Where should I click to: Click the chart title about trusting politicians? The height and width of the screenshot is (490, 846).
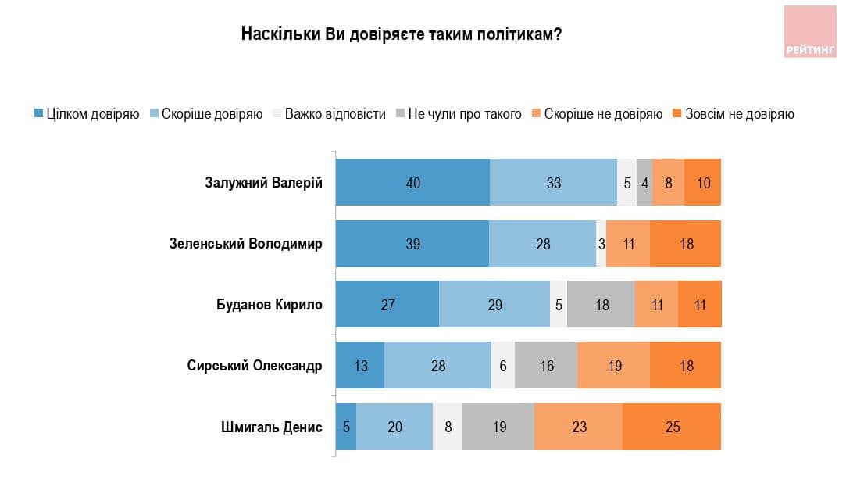tap(402, 34)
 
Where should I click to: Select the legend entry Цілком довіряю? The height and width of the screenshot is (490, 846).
tap(87, 114)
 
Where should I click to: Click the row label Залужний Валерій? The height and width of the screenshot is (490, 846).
tap(263, 182)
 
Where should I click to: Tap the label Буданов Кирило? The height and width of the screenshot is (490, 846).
tap(269, 305)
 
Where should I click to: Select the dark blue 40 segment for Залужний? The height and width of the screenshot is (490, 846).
tap(412, 182)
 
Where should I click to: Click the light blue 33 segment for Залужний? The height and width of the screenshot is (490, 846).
tap(553, 182)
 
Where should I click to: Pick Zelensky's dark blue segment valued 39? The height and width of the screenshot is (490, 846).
tap(412, 244)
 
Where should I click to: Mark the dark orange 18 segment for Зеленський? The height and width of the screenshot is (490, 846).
tap(685, 244)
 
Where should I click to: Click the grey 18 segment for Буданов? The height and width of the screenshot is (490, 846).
tap(601, 305)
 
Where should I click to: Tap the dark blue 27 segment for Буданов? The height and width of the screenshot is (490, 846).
tap(387, 305)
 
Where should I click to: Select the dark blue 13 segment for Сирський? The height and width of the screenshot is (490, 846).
tap(360, 365)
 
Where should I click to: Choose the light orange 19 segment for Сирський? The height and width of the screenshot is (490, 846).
tap(613, 365)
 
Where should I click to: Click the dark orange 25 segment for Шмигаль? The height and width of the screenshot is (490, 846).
tap(672, 427)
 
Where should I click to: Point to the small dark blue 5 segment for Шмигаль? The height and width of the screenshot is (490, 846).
tap(346, 427)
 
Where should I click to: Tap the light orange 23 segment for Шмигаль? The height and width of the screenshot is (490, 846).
tap(578, 427)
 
